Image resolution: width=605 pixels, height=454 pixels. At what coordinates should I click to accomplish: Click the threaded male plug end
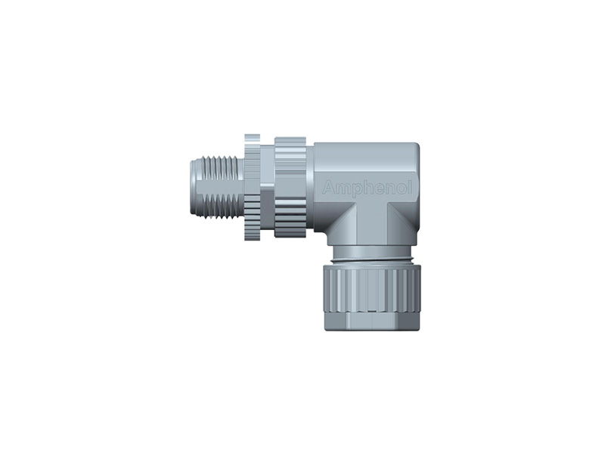click(216, 186)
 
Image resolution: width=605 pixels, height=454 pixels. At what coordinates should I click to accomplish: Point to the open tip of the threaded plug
click(191, 186)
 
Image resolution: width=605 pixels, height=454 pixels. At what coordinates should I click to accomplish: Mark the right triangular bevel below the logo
click(402, 219)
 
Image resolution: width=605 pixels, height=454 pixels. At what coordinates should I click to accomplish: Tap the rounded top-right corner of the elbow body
click(414, 148)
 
